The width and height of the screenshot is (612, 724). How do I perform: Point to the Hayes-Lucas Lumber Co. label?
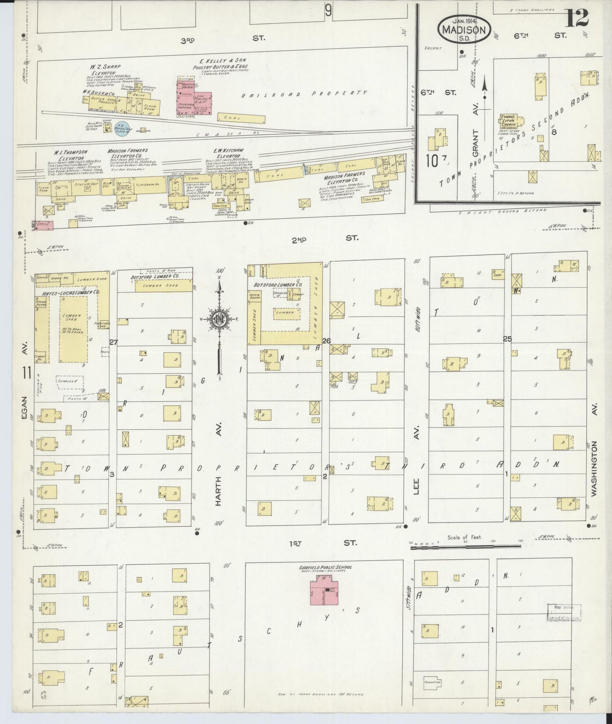pos(70,293)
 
